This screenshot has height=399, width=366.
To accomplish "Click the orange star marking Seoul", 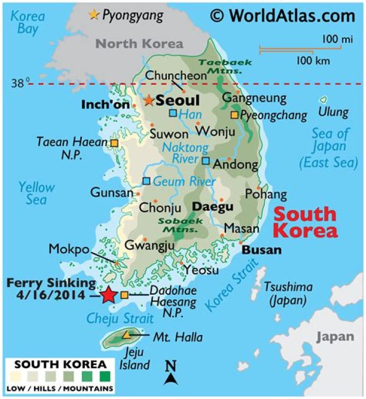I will [x=148, y=100].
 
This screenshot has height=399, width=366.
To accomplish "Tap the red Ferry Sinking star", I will [x=108, y=295].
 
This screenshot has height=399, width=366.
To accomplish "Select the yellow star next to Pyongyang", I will [x=94, y=15].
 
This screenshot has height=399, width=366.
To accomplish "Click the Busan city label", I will [x=261, y=250].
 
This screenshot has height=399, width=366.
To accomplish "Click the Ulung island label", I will [x=333, y=112].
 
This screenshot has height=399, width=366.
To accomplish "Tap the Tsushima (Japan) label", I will [x=288, y=293].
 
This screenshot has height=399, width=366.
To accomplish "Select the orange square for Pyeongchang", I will [x=234, y=115].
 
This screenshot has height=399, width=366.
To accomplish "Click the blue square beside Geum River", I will [x=146, y=181].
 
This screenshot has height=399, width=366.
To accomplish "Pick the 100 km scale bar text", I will [x=313, y=61].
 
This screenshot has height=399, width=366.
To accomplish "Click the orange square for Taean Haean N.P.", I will [x=114, y=144].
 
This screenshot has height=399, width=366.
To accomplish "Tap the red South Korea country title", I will [x=304, y=222].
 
